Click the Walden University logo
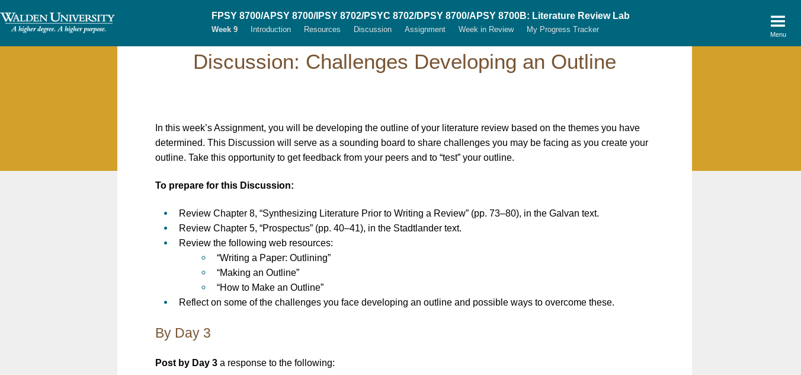tap(57, 23)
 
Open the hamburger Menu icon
tap(778, 21)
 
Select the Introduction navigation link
tap(271, 29)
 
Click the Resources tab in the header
tap(322, 29)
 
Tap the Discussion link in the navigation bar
tap(373, 29)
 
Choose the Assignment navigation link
tap(425, 29)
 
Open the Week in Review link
tap(486, 29)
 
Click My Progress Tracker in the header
tap(562, 29)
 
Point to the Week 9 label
tap(225, 29)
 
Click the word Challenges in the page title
tap(357, 62)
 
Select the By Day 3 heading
tap(182, 333)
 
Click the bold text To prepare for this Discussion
tap(225, 186)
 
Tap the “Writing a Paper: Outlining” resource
tap(274, 258)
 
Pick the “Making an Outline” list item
tap(258, 272)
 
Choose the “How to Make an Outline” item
tap(270, 288)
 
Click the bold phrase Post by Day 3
tap(186, 363)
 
